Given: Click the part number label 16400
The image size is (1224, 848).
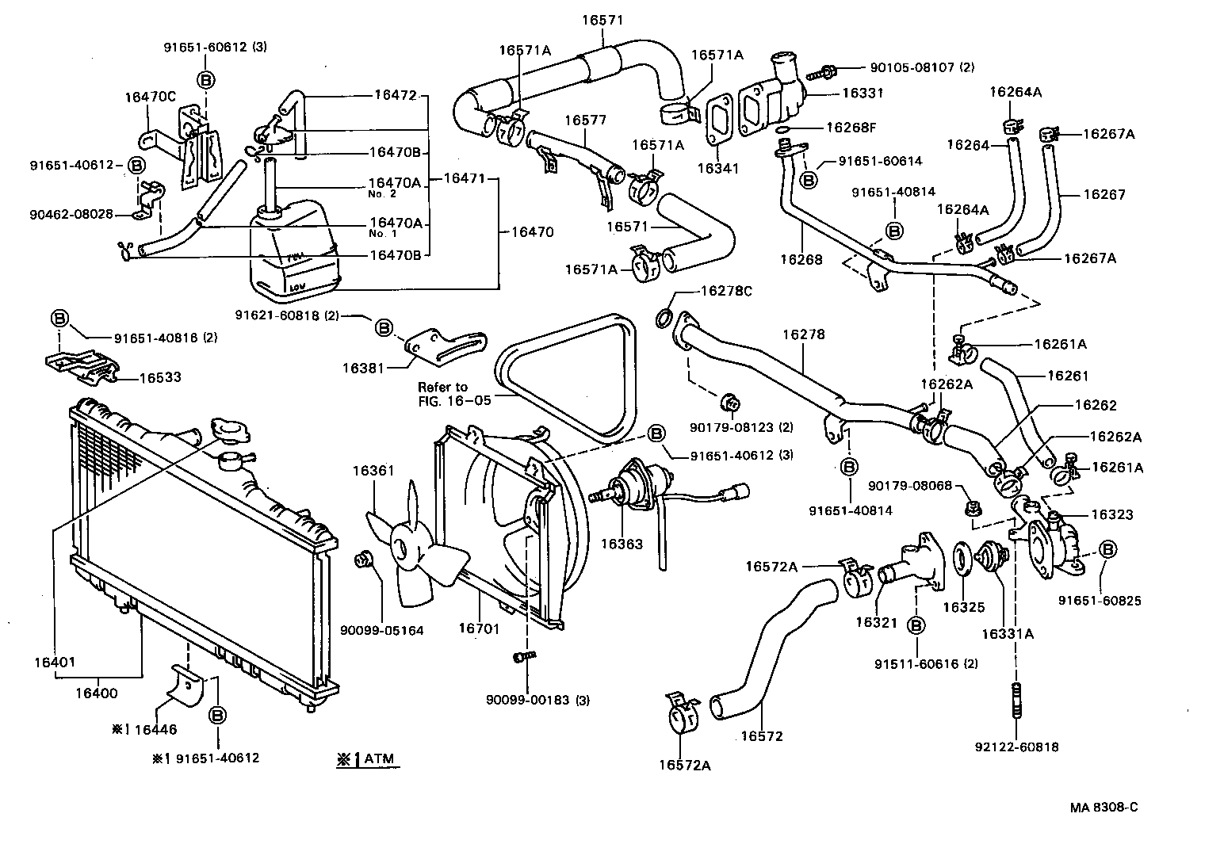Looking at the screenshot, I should [96, 693].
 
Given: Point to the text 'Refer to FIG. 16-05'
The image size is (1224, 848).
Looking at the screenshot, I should [454, 394].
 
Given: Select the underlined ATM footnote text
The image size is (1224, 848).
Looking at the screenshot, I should [367, 759].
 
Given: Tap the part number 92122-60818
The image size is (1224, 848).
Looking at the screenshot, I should [1017, 747].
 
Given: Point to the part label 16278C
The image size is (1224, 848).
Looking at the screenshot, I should [725, 291].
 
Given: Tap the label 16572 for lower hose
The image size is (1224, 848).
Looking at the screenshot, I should [762, 735].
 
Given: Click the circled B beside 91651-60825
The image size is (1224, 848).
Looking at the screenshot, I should [1107, 548].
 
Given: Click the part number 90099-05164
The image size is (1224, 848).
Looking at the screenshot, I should [382, 631].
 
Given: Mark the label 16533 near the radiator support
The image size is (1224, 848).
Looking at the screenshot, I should [160, 377].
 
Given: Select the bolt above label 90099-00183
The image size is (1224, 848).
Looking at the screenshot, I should [525, 657].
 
